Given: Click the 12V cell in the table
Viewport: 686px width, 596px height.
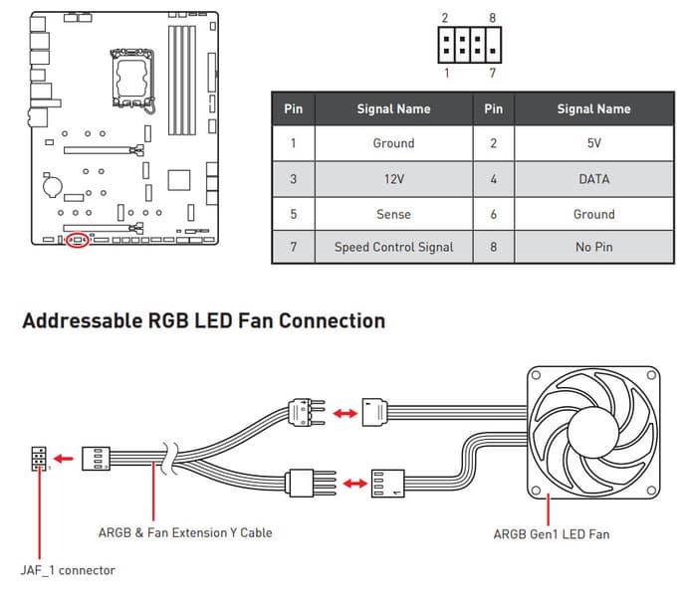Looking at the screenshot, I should (x=393, y=179).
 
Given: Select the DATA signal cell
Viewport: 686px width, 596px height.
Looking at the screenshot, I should (x=593, y=179).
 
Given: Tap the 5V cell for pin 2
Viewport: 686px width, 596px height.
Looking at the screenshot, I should (x=593, y=143).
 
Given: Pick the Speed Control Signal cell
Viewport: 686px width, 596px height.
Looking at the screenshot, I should (x=393, y=247).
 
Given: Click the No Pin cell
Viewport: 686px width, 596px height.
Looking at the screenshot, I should (x=593, y=247).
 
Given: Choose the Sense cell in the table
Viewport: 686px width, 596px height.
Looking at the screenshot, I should (x=393, y=214).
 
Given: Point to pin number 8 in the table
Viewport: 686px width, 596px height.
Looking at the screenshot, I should (x=493, y=247).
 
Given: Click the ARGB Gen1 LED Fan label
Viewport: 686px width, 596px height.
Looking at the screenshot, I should (x=552, y=534).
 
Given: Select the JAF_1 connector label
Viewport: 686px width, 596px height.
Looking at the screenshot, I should (x=68, y=570).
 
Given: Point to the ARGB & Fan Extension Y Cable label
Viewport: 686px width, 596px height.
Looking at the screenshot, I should (x=185, y=532).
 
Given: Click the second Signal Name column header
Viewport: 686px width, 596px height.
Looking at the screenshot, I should (x=593, y=108).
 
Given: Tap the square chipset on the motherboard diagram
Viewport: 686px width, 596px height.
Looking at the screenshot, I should (x=178, y=179).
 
